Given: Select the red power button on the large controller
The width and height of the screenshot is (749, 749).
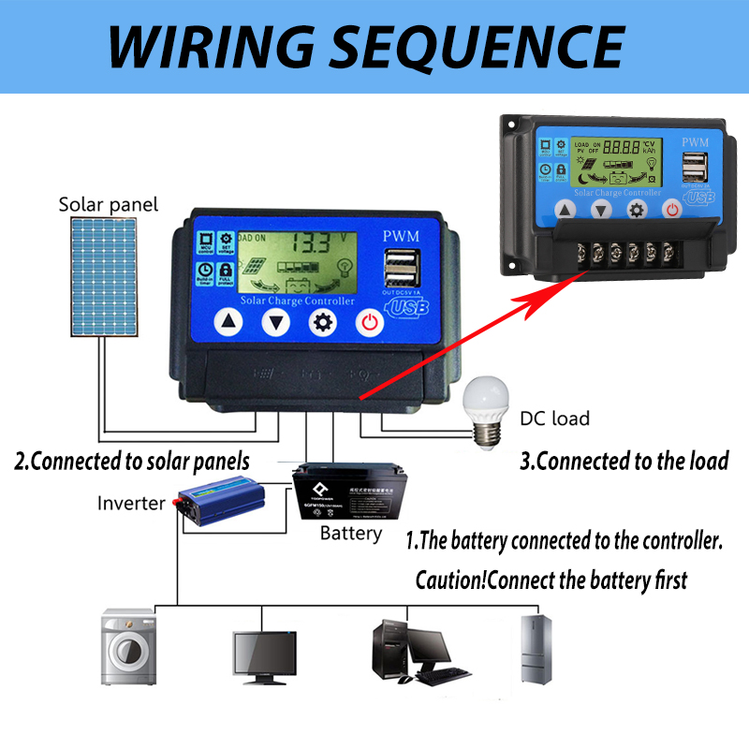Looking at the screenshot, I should coord(370,323).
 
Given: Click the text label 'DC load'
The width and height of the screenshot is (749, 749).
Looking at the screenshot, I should coord(555,419).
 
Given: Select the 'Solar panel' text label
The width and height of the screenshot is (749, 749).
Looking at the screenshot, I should coord(109,204).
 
